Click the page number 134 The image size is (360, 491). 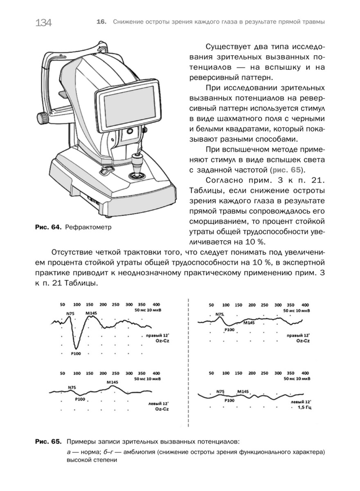click(43, 23)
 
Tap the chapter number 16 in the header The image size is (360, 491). click(101, 22)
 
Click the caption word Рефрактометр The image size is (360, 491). click(88, 227)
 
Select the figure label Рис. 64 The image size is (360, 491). click(48, 227)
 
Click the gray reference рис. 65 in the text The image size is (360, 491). click(286, 170)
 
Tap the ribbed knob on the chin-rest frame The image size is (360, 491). click(43, 118)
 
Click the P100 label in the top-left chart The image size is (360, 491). click(76, 354)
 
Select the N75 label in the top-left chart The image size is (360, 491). click(70, 314)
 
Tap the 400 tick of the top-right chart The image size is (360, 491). click(305, 305)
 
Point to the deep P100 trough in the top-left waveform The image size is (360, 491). click(76, 348)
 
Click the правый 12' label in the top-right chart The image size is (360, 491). click(298, 336)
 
